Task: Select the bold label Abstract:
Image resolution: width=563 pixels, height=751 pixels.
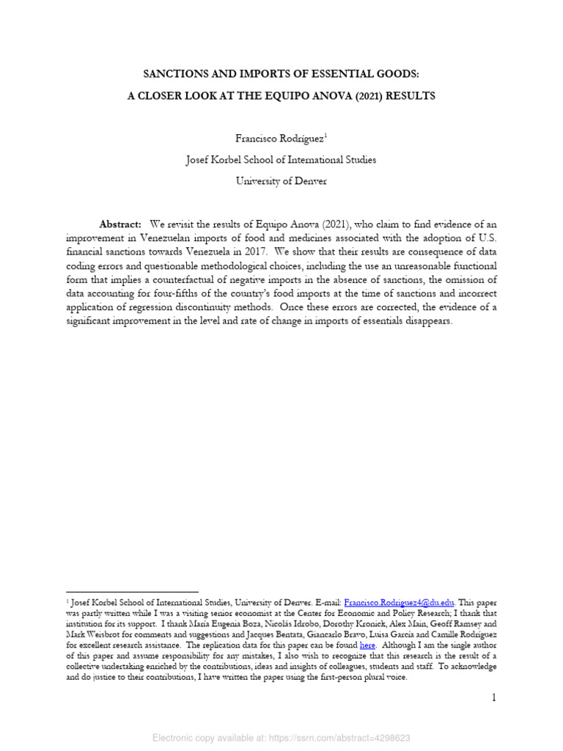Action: click(x=120, y=224)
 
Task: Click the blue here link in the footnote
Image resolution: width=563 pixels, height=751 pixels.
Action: click(x=367, y=645)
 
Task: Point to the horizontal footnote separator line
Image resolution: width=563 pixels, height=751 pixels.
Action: click(x=132, y=591)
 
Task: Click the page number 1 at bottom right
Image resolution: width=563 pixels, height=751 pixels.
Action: click(x=494, y=697)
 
